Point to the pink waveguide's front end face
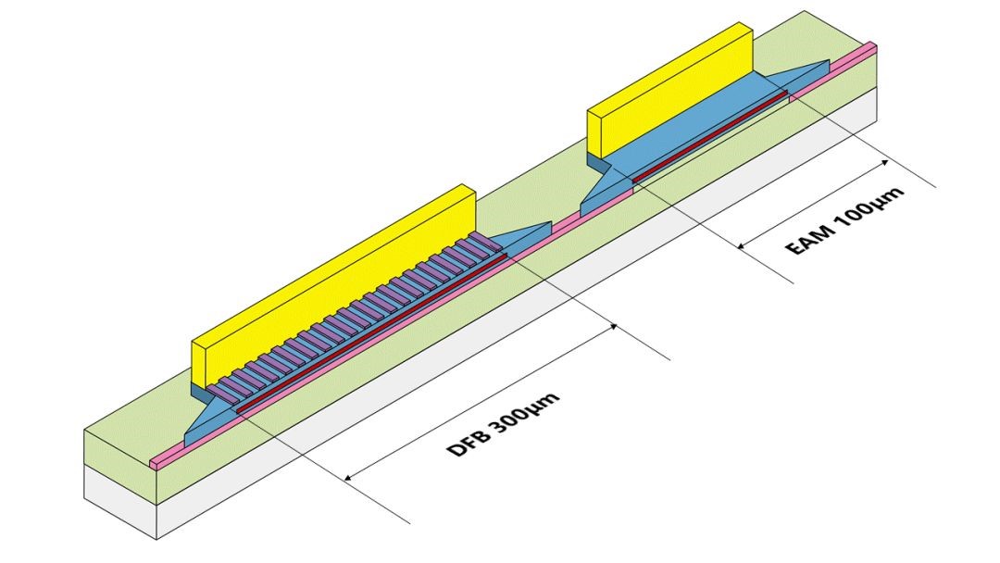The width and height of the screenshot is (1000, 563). (x=156, y=462)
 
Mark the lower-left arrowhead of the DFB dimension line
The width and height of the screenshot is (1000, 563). (x=349, y=478)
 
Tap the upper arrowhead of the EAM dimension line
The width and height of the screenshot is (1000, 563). (x=885, y=162)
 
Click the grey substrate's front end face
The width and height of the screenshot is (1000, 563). (x=120, y=500)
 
